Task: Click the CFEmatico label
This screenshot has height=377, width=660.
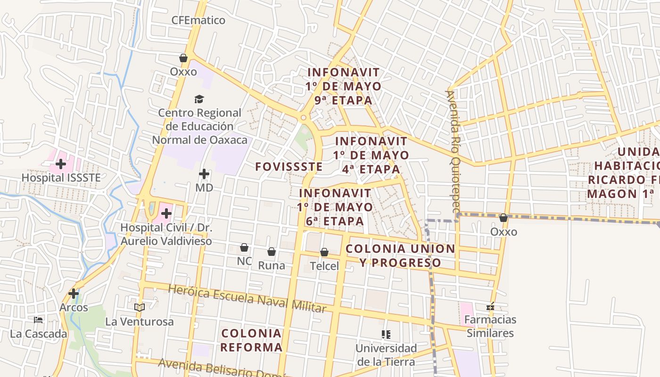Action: point(198,20)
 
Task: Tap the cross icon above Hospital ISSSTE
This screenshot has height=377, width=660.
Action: point(60,164)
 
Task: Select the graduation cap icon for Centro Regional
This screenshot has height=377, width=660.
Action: point(199,99)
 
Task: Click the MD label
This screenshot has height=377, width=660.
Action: point(204,188)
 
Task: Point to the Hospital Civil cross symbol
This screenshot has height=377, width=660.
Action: point(166,213)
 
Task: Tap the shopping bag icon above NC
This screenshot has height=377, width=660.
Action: point(244,247)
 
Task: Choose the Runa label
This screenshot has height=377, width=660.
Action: point(271,265)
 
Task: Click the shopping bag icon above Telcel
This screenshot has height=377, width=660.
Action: point(324,253)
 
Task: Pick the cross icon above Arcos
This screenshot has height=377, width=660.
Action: point(73,294)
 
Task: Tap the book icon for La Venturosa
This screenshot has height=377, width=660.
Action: point(139,307)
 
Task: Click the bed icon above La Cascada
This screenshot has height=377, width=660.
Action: point(38,320)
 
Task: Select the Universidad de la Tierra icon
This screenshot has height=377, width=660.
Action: point(386,335)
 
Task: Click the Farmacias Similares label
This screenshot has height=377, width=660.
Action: point(490,326)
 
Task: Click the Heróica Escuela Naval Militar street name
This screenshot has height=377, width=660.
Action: point(247,299)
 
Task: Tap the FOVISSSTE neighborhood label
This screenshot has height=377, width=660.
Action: point(289,166)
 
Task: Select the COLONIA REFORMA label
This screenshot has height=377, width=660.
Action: point(251,340)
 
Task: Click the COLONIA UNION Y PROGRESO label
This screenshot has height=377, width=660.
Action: point(400,255)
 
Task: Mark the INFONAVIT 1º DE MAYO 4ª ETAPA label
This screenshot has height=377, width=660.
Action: point(371,155)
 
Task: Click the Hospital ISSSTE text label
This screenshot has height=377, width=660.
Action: point(61,178)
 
